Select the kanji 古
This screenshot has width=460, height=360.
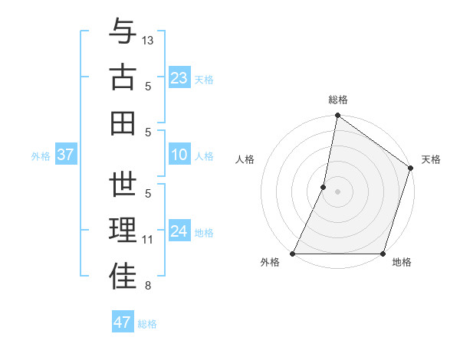tap(123, 77)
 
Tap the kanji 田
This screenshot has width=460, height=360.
tap(123, 123)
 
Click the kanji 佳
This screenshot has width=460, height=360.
tap(123, 277)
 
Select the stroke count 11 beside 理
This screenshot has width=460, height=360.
tap(148, 240)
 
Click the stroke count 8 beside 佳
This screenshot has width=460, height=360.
tap(148, 286)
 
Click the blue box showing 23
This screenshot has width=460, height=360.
tap(179, 78)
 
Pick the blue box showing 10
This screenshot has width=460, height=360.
tap(179, 155)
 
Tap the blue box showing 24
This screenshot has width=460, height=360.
tap(179, 232)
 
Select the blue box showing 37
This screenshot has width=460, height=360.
tap(65, 155)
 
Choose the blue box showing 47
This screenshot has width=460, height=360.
tap(122, 322)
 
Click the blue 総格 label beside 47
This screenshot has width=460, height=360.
tap(147, 324)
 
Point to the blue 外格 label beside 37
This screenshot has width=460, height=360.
tap(41, 156)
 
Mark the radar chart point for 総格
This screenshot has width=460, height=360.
tap(337, 116)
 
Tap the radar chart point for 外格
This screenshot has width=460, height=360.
tap(293, 254)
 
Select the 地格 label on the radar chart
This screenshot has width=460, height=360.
tap(402, 263)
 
